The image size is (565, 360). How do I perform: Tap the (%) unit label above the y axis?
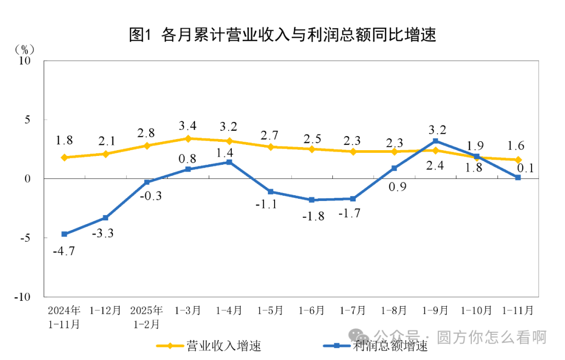coord(25,50)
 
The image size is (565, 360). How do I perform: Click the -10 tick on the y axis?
coord(23,297)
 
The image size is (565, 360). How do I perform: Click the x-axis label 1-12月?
coord(105,310)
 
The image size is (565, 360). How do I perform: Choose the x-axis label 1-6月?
coord(311,310)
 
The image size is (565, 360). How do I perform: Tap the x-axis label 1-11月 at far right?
coord(518,310)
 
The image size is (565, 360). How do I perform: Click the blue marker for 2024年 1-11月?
coord(64,234)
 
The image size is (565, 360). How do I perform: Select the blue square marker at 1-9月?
coord(435,141)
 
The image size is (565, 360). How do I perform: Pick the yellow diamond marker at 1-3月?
coord(188,139)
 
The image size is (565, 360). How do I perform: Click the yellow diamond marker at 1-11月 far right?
coord(518,160)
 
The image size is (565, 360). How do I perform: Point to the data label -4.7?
coord(64,251)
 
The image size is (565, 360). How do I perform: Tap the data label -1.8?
coord(312,216)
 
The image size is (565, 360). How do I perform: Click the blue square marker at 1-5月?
coord(270,192)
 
